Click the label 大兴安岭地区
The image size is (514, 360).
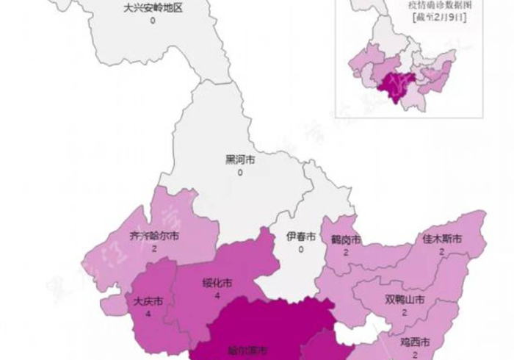[x=153, y=8]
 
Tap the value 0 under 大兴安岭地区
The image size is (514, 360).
[x=153, y=21]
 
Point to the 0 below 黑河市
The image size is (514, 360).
[x=239, y=173]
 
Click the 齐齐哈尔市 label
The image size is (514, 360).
[x=153, y=237]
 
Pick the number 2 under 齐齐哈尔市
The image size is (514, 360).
[x=153, y=250]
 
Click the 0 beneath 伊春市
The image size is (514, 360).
[x=301, y=250]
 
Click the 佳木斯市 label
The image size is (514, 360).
[x=442, y=239]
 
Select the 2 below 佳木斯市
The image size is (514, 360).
[x=442, y=252]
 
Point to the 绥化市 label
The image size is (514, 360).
[x=217, y=283]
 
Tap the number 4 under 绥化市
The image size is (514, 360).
[x=217, y=295]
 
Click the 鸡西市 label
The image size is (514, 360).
[x=415, y=342]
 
